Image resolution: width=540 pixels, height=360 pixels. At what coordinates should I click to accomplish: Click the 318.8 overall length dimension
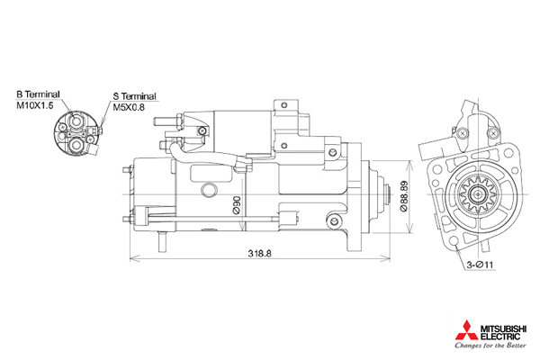pos(260,254)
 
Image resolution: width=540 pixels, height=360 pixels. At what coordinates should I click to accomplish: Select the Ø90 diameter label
pos(236,205)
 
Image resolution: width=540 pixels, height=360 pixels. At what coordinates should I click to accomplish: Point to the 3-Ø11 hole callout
pos(480,265)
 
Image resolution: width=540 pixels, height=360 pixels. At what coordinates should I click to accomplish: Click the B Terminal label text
pos(38,94)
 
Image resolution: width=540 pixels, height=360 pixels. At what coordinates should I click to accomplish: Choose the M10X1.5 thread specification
pos(35,105)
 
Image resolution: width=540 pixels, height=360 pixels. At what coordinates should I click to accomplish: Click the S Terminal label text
pos(135,96)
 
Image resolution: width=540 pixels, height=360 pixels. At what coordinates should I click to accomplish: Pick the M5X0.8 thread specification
pos(129,107)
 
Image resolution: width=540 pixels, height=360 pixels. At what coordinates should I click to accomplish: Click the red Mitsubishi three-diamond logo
pos(466,330)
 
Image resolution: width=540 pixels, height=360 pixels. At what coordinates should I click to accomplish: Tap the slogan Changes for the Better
pos(490,346)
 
